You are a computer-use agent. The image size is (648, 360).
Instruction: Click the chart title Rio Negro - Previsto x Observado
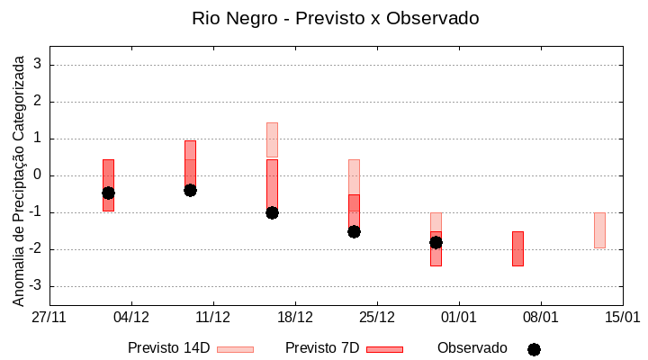click(x=335, y=18)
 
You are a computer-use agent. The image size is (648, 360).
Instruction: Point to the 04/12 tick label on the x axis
click(x=131, y=318)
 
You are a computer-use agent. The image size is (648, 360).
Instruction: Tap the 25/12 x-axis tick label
click(x=377, y=318)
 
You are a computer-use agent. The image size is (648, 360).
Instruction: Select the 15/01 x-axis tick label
click(x=622, y=318)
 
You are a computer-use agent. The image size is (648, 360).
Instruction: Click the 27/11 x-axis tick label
click(x=49, y=318)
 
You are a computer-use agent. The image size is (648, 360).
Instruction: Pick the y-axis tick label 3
click(x=38, y=65)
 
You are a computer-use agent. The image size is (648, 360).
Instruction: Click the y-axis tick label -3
click(x=35, y=286)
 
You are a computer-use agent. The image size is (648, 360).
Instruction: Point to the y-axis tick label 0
click(x=38, y=175)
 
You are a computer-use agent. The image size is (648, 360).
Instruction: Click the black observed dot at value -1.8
click(x=436, y=242)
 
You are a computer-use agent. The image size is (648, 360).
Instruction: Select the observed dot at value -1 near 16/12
click(x=272, y=212)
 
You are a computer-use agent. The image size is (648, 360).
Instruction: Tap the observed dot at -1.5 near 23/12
click(x=354, y=231)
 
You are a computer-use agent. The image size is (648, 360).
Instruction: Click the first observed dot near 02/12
click(x=108, y=193)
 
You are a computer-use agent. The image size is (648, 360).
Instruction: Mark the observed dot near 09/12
click(x=190, y=190)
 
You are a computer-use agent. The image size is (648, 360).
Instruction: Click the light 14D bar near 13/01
click(x=599, y=230)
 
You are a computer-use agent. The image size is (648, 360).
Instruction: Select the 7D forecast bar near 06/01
click(x=517, y=248)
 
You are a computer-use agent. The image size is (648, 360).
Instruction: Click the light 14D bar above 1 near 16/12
click(x=272, y=139)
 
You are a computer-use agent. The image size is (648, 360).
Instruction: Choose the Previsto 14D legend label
click(x=168, y=348)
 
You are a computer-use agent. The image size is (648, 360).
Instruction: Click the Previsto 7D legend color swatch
click(x=384, y=349)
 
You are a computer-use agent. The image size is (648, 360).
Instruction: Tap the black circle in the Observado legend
click(x=534, y=349)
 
